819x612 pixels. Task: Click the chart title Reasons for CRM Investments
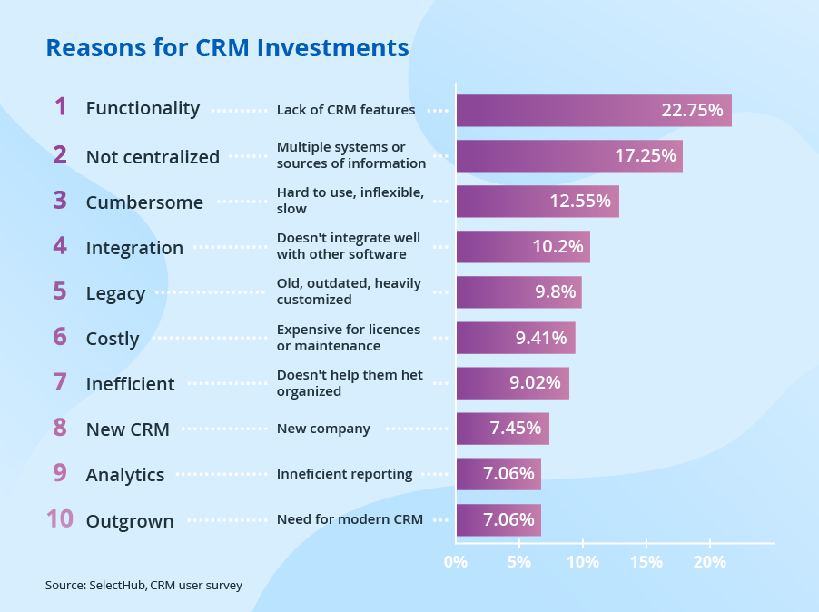click(x=227, y=47)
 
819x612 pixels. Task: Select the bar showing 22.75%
click(x=593, y=111)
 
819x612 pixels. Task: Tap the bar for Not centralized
click(x=568, y=156)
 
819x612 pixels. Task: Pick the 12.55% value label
click(x=579, y=202)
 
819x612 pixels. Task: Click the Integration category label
click(x=134, y=248)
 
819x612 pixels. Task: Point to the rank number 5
click(x=60, y=291)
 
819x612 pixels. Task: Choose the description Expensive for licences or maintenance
click(x=348, y=338)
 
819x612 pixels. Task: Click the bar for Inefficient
click(x=512, y=383)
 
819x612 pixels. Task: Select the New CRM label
click(x=127, y=429)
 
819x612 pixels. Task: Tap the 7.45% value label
click(x=515, y=429)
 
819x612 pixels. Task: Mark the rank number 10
click(x=59, y=519)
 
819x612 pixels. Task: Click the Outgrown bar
click(x=498, y=520)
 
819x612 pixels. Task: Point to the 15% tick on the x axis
click(x=646, y=562)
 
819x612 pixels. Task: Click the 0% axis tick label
click(x=456, y=562)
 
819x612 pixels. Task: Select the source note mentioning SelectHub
click(x=143, y=586)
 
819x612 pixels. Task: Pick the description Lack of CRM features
click(x=345, y=111)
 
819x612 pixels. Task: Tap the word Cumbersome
click(x=144, y=202)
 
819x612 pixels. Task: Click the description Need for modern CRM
click(x=349, y=519)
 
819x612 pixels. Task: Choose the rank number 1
click(x=61, y=107)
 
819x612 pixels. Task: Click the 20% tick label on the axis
click(x=710, y=562)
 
